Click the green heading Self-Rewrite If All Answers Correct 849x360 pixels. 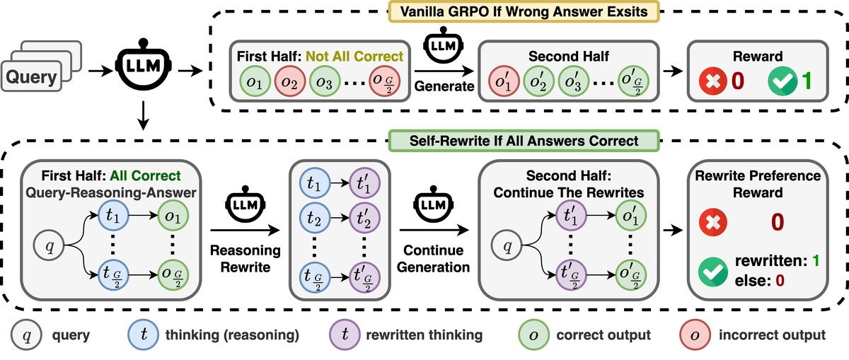point(524,141)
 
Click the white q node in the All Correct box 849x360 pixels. point(49,248)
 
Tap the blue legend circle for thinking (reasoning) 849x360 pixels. point(144,333)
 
